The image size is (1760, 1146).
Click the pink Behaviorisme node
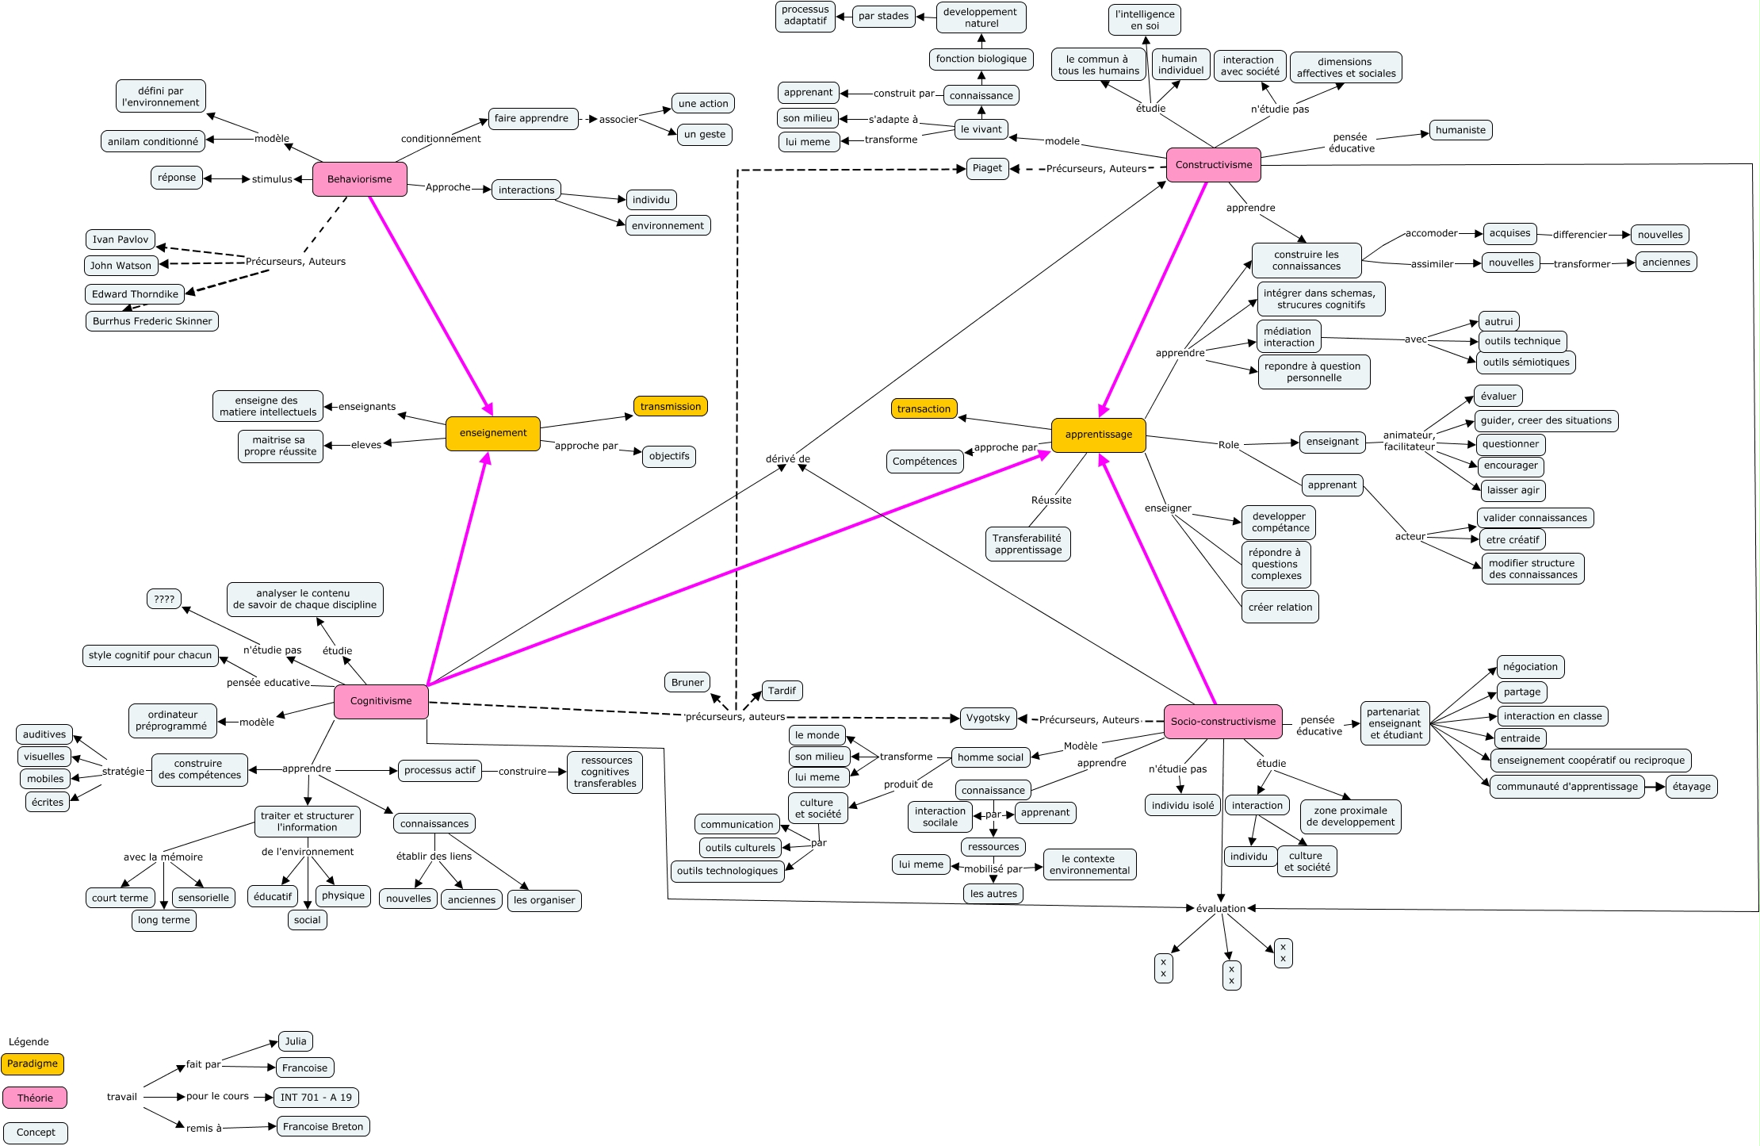(x=359, y=179)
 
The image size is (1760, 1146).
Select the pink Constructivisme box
(x=1213, y=165)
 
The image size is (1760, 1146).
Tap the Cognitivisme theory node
(x=381, y=701)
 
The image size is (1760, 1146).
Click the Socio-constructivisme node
(x=1222, y=722)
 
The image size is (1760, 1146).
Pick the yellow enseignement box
(x=492, y=433)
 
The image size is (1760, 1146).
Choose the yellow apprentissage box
(x=1098, y=435)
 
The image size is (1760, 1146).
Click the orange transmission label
(x=670, y=407)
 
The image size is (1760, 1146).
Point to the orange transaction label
(x=924, y=409)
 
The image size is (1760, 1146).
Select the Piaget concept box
(x=987, y=168)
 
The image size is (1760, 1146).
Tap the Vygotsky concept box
(x=988, y=718)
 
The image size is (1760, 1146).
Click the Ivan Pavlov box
(x=121, y=240)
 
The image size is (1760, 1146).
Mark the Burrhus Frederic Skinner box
(x=152, y=321)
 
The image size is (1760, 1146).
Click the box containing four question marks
(x=164, y=599)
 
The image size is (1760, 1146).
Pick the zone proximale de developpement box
(x=1350, y=816)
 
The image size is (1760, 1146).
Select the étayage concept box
(x=1691, y=787)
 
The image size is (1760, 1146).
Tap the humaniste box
(x=1460, y=130)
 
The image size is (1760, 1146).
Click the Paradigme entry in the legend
(x=33, y=1064)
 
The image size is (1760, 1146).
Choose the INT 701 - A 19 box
(x=316, y=1098)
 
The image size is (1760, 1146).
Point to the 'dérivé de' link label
(x=787, y=459)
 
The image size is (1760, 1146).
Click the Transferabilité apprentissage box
(x=1027, y=544)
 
